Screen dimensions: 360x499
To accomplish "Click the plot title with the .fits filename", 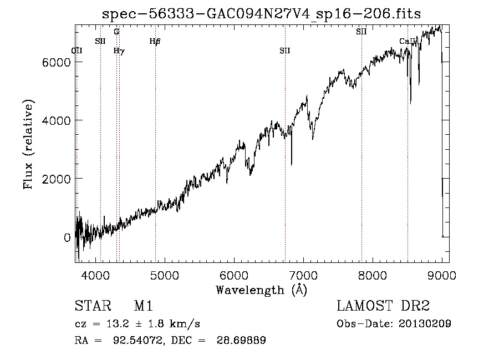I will point(262,14).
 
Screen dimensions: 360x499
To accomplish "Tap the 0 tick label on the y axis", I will point(67,237).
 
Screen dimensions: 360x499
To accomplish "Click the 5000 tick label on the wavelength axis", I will point(164,275).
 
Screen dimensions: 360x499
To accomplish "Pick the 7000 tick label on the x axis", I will point(303,275).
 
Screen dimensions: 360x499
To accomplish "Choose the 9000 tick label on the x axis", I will point(441,275).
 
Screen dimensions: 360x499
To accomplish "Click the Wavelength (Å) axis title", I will point(261,289).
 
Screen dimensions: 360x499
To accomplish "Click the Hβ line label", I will point(155,41).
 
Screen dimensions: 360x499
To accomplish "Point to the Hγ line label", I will point(119,50).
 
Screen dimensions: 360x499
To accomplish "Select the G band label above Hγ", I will point(116,32).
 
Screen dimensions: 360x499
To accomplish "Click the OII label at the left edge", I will point(77,50).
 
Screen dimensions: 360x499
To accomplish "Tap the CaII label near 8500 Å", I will point(407,41).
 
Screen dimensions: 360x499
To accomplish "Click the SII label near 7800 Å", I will point(361,32).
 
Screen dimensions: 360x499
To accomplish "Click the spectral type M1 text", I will point(143,306).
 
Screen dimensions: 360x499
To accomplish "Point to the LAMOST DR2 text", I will point(383,306).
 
